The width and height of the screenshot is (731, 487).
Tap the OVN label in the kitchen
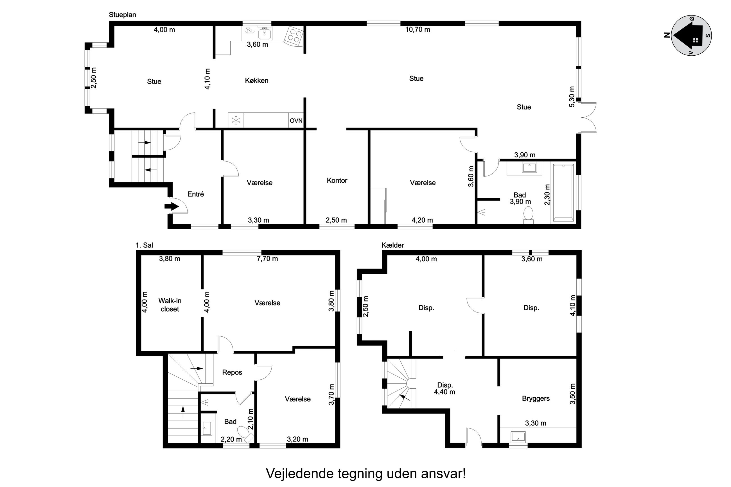click(296, 121)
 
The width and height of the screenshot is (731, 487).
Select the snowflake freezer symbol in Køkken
click(236, 120)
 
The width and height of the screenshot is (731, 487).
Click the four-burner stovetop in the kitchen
click(294, 35)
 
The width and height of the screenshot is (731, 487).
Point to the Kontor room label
click(337, 180)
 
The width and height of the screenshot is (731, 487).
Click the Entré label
click(195, 194)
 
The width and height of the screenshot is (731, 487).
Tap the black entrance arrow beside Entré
click(172, 206)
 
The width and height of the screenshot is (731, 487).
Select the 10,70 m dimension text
click(418, 30)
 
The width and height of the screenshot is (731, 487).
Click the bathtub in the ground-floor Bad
click(563, 193)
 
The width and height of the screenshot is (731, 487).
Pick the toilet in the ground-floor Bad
click(528, 216)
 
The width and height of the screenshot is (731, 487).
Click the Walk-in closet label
click(170, 305)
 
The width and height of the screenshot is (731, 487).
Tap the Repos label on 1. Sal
click(232, 372)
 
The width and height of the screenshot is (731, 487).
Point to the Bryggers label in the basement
click(536, 398)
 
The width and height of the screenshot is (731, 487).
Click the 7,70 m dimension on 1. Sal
click(267, 259)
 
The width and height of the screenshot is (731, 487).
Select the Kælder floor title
click(393, 245)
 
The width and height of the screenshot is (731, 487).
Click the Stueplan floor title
click(122, 15)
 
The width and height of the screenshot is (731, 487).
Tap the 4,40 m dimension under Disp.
click(445, 392)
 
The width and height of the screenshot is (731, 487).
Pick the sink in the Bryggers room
click(518, 436)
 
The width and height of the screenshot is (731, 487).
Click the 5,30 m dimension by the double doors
click(572, 97)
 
